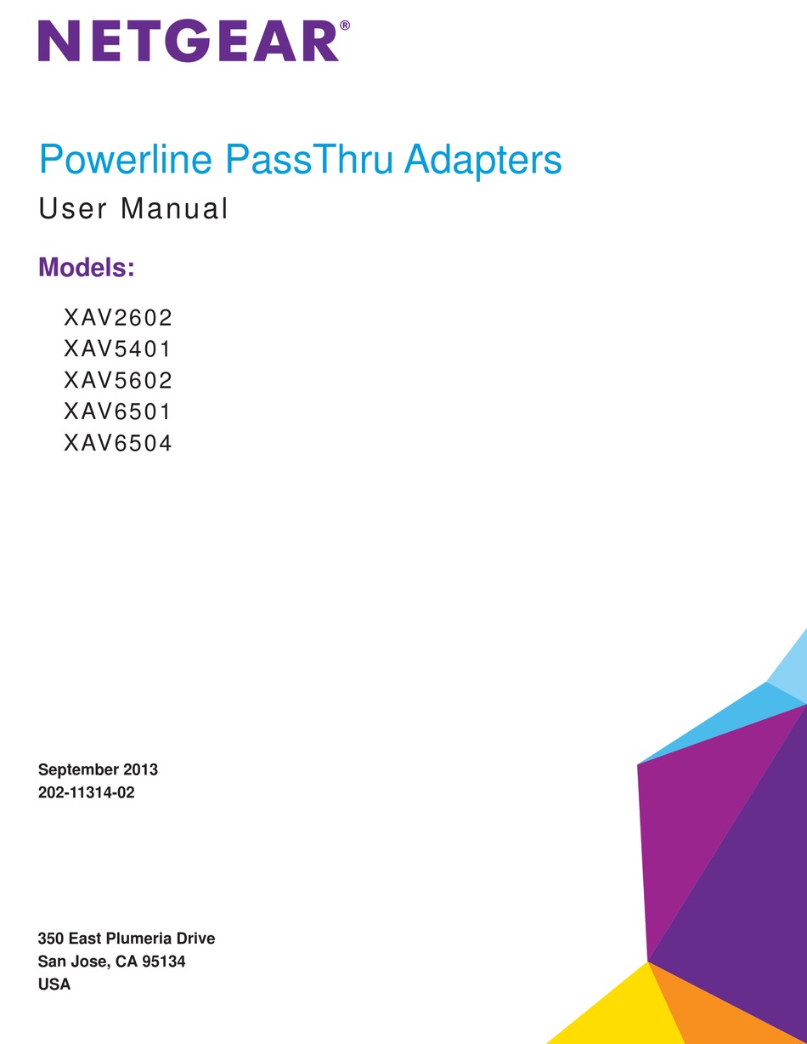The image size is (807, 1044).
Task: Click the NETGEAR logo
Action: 189,41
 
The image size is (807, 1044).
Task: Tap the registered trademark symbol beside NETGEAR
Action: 345,26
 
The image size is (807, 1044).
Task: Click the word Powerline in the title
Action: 126,160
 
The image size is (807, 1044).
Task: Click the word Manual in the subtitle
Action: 174,208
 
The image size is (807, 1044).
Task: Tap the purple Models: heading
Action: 87,267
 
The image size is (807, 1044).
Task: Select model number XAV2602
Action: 117,318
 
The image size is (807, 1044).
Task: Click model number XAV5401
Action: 117,349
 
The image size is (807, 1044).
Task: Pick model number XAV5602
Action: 117,381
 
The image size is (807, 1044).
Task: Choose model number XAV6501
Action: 117,411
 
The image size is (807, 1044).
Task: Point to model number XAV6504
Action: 117,443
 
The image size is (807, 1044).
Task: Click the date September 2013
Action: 98,769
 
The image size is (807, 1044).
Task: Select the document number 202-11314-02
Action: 87,792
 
